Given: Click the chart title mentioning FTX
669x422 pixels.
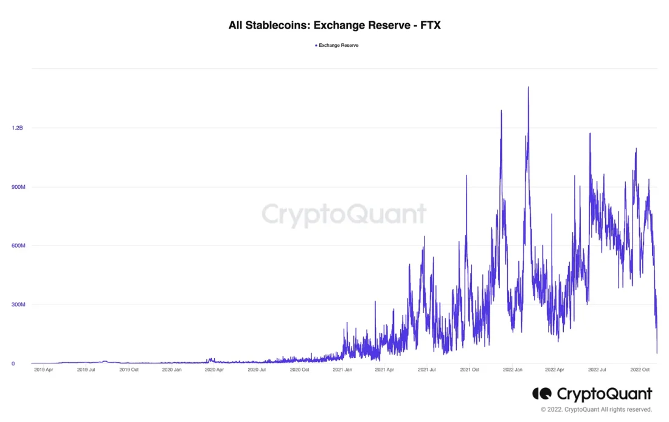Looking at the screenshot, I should pos(334,26).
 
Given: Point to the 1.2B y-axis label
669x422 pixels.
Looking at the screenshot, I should pos(17,128).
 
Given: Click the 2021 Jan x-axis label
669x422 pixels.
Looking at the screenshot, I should pos(342,370).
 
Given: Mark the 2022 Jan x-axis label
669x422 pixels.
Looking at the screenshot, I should pos(513,370).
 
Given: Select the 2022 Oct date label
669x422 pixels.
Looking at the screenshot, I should pos(640,370).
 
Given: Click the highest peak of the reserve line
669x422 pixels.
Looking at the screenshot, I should pos(528,88).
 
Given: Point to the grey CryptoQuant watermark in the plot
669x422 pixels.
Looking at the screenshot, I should pos(344,215).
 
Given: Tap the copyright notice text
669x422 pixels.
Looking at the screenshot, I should pos(596,409).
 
